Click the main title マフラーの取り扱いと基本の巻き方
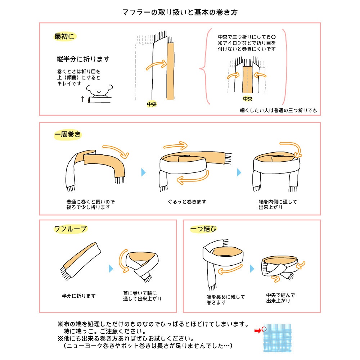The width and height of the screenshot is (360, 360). [180, 12]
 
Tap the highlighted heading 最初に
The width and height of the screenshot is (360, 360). [65, 37]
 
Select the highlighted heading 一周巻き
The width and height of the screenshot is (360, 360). [68, 135]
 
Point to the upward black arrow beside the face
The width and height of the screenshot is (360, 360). [82, 99]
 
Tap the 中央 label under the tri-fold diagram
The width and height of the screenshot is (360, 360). [248, 99]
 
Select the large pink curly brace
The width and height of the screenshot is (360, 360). [204, 68]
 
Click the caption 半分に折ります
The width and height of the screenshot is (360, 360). [79, 296]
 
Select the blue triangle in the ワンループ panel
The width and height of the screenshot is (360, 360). [111, 269]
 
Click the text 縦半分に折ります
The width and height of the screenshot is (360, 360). [83, 59]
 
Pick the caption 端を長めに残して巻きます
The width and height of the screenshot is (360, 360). [220, 300]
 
